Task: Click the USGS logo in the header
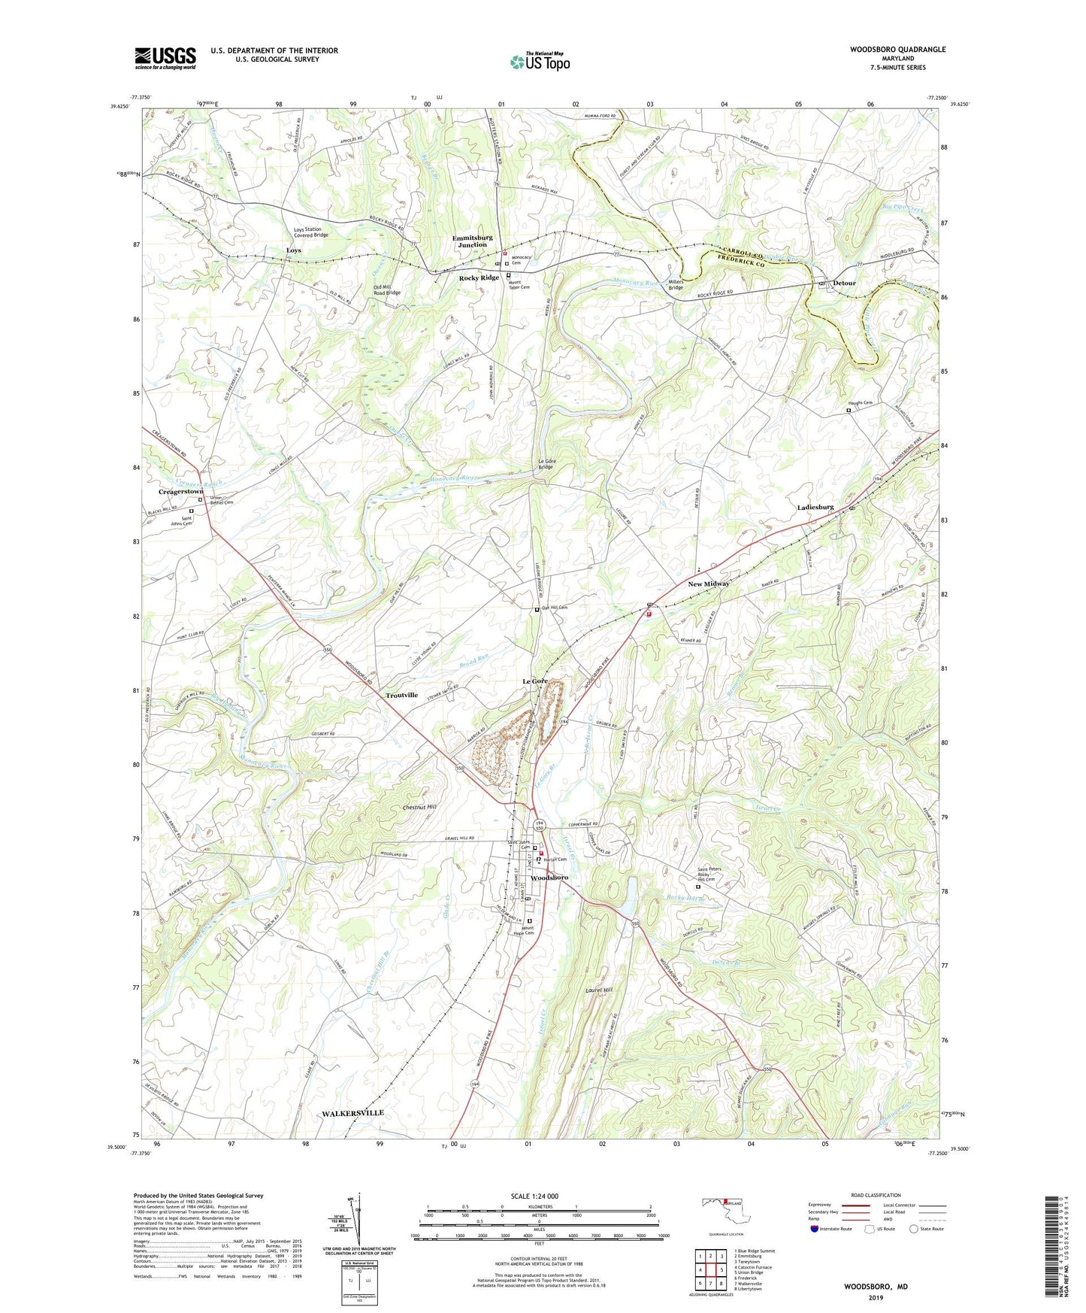point(165,58)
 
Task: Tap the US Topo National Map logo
point(539,62)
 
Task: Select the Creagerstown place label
point(180,491)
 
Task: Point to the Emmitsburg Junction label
point(473,241)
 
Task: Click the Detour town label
point(845,283)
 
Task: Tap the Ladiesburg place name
point(815,508)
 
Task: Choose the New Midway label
point(709,584)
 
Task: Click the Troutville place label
point(401,695)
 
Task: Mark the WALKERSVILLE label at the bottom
point(352,1112)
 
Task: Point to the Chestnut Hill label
point(419,807)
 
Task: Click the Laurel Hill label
point(599,990)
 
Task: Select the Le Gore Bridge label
point(546,464)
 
